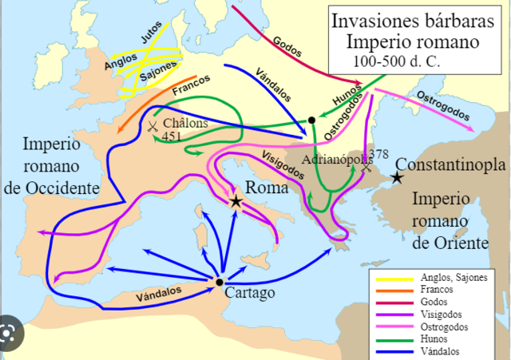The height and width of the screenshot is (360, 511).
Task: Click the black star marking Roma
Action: point(236,201)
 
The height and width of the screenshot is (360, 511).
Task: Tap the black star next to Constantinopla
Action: point(396,178)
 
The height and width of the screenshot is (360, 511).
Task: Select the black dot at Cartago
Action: point(219,282)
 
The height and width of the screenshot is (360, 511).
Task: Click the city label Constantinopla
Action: point(455,165)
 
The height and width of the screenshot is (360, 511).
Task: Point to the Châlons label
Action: point(185,124)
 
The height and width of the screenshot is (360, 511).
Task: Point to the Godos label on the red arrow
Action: point(286,44)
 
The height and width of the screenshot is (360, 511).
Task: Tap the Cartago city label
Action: point(251,293)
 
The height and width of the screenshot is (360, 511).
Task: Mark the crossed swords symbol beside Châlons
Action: point(151,125)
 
